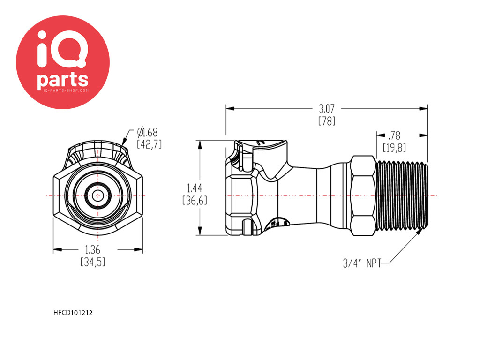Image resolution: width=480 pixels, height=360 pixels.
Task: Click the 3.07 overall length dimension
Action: click(327, 109)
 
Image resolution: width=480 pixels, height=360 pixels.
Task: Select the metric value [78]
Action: click(327, 121)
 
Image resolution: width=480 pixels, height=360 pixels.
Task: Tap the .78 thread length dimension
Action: click(394, 135)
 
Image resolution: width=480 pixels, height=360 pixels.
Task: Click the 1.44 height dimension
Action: click(195, 187)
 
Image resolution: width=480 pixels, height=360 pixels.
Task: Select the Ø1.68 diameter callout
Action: click(148, 132)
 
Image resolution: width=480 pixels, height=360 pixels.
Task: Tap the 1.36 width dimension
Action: click(92, 250)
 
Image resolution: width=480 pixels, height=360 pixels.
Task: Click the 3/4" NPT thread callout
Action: click(362, 263)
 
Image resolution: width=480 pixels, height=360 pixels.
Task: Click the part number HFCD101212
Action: click(73, 313)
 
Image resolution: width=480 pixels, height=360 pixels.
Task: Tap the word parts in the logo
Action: click(63, 80)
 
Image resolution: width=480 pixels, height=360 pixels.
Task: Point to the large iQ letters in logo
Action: click(62, 49)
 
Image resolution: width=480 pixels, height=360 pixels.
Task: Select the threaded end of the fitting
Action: click(402, 195)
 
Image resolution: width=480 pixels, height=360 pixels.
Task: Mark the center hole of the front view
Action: click(97, 195)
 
